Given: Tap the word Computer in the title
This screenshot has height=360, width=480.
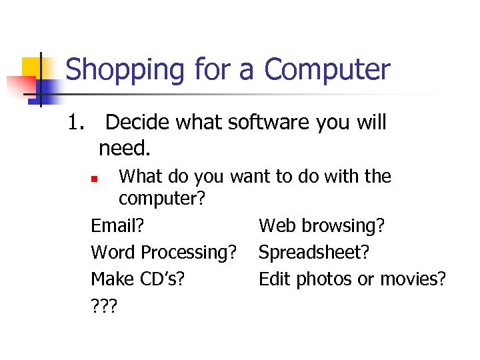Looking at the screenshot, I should pyautogui.click(x=327, y=69).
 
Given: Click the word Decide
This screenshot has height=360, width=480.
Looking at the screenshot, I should pyautogui.click(x=137, y=123).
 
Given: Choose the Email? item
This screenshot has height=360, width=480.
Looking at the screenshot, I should pyautogui.click(x=117, y=226).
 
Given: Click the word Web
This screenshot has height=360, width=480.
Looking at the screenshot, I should pyautogui.click(x=278, y=226).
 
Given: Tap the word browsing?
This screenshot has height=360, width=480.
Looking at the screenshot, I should pyautogui.click(x=343, y=227).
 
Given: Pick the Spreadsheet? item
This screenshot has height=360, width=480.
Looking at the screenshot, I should pyautogui.click(x=313, y=253).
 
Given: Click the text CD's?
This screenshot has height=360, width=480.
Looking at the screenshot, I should pyautogui.click(x=163, y=279).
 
